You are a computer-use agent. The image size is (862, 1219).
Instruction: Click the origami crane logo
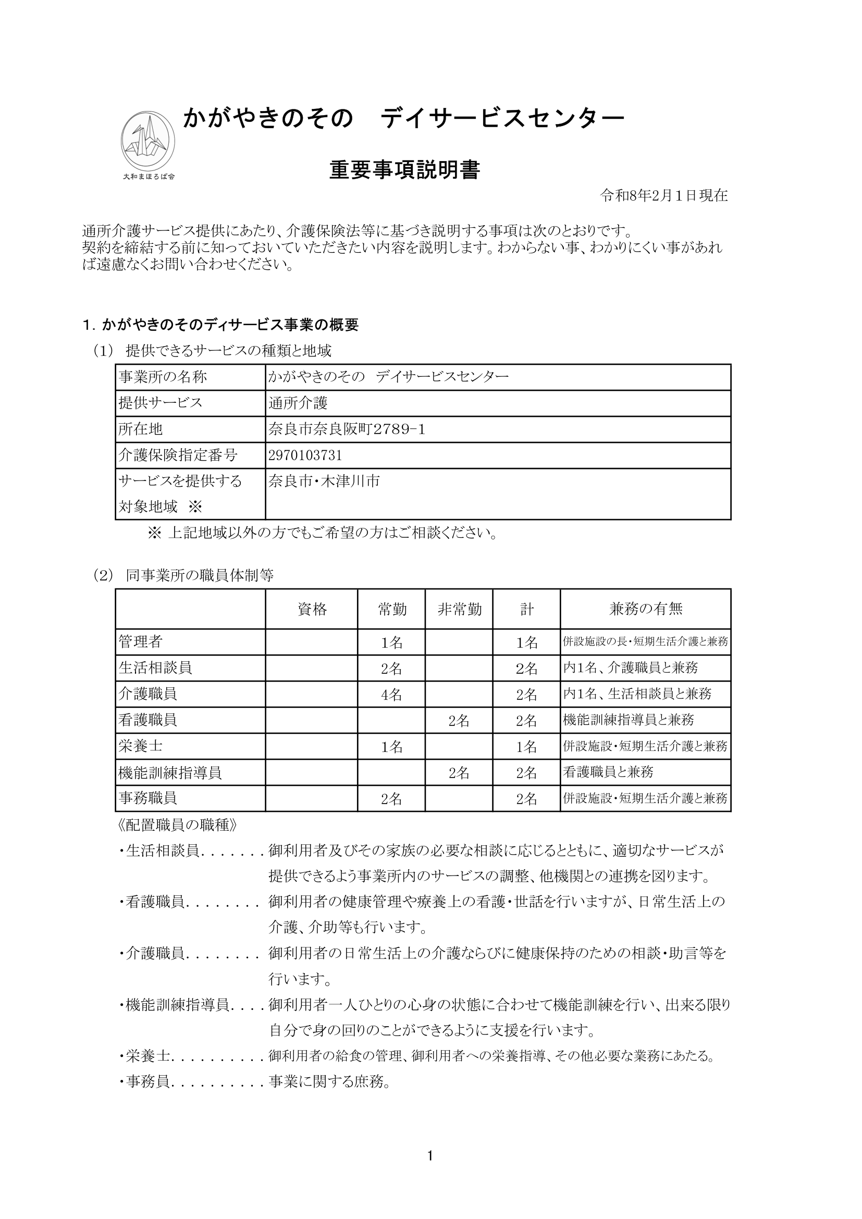[147, 140]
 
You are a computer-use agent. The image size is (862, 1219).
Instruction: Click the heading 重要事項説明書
[404, 170]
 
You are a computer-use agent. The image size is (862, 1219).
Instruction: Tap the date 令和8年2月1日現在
[663, 196]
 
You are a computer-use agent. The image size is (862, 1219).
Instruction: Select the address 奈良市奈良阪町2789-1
[347, 429]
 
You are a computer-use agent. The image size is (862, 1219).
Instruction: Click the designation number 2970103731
[305, 455]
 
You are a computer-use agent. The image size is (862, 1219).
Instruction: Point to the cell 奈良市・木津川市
[324, 482]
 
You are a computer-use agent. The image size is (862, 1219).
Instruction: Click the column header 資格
[312, 609]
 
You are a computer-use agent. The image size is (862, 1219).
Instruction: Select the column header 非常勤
[459, 609]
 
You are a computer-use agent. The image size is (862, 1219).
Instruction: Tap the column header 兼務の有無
[645, 609]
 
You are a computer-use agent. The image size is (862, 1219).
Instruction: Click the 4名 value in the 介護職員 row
[392, 694]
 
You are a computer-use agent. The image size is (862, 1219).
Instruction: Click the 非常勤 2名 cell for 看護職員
[459, 720]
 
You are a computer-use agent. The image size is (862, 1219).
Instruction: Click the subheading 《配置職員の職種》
[176, 825]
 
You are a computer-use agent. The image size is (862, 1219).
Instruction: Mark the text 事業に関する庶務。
[329, 1082]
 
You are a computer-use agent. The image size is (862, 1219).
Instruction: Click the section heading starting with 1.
[221, 325]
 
